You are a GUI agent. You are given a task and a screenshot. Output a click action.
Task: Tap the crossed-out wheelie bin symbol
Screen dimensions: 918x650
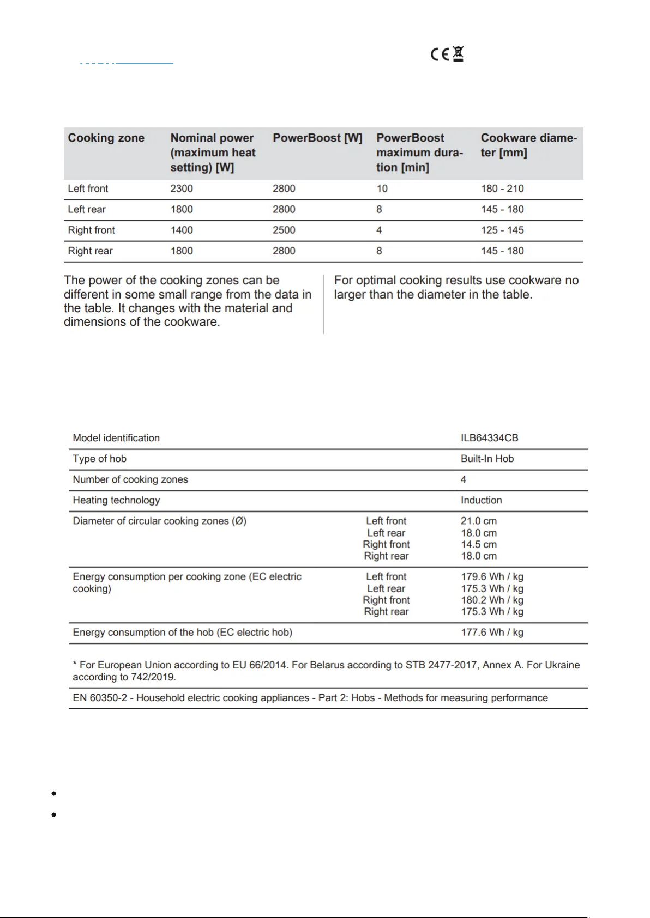pyautogui.click(x=458, y=54)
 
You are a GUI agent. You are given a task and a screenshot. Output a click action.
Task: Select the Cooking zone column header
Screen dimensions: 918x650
pyautogui.click(x=106, y=138)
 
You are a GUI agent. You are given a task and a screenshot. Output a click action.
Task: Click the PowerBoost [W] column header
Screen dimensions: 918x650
pyautogui.click(x=317, y=138)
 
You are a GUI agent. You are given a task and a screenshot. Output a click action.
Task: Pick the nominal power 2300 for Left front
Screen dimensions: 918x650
pyautogui.click(x=182, y=189)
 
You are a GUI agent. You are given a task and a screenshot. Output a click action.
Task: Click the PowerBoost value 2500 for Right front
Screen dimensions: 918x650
pyautogui.click(x=284, y=230)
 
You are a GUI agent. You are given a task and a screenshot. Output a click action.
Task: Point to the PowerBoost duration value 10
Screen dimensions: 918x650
pyautogui.click(x=382, y=189)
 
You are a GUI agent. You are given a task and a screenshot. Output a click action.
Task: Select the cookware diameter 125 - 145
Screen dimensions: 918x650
pyautogui.click(x=502, y=230)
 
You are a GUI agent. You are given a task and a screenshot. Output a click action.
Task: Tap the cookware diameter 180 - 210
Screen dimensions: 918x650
pyautogui.click(x=502, y=189)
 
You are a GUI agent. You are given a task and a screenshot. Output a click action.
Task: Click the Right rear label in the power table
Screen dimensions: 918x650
pyautogui.click(x=90, y=251)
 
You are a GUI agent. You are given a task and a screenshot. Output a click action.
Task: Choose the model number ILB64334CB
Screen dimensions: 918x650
pyautogui.click(x=489, y=438)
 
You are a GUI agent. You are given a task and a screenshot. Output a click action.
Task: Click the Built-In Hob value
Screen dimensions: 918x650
pyautogui.click(x=487, y=459)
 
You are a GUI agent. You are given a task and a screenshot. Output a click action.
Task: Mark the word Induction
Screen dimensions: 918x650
pyautogui.click(x=481, y=500)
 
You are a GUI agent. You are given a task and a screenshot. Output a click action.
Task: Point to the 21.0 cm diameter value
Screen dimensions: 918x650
pyautogui.click(x=479, y=521)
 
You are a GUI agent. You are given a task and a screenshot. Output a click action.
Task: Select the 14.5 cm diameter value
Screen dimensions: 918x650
pyautogui.click(x=479, y=544)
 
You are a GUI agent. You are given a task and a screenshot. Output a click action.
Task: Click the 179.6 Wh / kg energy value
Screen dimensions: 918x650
pyautogui.click(x=492, y=576)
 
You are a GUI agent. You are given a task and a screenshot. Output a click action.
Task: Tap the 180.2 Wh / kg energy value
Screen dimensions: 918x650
pyautogui.click(x=492, y=600)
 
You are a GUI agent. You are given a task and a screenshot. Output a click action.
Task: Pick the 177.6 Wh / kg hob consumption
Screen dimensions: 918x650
pyautogui.click(x=492, y=632)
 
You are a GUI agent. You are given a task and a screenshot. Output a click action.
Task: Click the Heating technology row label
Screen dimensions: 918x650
pyautogui.click(x=116, y=500)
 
